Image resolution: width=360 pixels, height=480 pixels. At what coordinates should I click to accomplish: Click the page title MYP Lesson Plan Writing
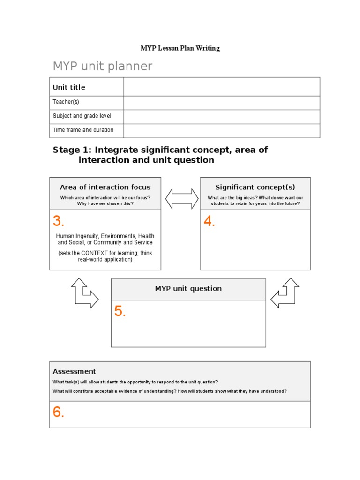coord(180,48)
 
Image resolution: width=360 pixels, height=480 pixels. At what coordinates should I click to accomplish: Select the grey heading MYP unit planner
coord(102,67)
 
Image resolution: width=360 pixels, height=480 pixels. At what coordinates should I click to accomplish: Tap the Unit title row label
coord(69,87)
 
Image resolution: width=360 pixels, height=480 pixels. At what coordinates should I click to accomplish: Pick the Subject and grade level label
coord(82,116)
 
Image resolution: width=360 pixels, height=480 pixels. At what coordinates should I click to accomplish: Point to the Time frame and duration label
coord(83,130)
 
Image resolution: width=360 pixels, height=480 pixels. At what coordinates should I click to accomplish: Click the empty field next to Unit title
coord(221,87)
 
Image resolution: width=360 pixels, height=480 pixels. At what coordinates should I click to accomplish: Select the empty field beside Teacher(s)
coord(221,102)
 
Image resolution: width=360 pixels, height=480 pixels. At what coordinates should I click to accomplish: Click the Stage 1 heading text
coord(160,155)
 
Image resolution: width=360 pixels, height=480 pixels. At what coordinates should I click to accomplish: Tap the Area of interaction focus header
coord(105,187)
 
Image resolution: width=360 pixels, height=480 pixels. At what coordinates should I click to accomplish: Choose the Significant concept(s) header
coord(255,187)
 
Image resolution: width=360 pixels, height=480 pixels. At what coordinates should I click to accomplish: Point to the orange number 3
coord(58,221)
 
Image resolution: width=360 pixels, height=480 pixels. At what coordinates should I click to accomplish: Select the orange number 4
coord(209,222)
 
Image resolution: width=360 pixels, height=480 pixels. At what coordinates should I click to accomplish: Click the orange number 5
coord(120,311)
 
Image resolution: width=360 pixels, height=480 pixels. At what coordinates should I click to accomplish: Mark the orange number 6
coord(58,412)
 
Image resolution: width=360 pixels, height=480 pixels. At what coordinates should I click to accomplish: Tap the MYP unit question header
coord(188,289)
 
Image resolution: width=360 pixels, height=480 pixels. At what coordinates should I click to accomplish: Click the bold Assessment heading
coord(74,371)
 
